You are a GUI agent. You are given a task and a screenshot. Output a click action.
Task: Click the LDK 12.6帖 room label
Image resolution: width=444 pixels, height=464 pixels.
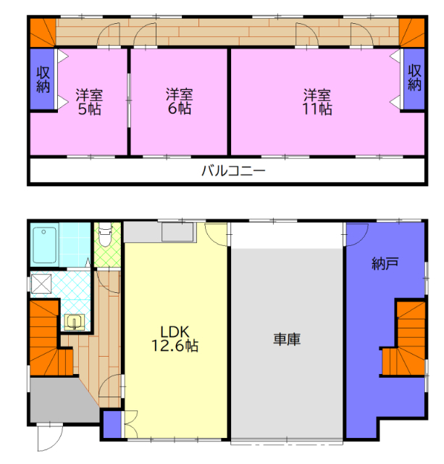point(175,339)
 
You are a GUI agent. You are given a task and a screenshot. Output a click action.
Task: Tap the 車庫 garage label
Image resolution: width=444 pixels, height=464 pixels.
point(287,339)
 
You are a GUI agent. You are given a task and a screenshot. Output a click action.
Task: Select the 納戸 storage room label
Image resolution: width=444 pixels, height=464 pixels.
point(385,263)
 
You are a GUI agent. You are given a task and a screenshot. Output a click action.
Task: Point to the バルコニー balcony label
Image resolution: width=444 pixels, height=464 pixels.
point(233,171)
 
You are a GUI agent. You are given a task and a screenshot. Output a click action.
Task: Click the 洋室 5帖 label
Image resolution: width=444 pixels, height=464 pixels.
point(89,101)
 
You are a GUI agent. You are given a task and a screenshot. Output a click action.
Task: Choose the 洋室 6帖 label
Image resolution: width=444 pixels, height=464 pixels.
point(179,101)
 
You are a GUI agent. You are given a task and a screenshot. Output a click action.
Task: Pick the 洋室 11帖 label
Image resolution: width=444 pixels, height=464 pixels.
point(317,101)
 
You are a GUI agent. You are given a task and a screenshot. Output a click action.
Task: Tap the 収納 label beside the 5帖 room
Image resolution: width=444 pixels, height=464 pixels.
point(43,79)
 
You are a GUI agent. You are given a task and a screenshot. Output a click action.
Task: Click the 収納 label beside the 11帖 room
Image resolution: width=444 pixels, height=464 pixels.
point(414,78)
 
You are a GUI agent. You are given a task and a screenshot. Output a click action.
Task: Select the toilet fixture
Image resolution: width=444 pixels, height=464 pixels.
point(104,234)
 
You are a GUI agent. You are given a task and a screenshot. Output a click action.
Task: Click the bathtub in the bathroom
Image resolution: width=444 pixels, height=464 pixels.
point(45,245)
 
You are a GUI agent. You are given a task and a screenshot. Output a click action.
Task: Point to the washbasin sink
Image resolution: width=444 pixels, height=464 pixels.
point(75,322)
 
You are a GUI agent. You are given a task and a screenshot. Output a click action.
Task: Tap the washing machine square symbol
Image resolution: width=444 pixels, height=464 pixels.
point(41,284)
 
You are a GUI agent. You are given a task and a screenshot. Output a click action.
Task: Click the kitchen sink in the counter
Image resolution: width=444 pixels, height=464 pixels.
point(177,232)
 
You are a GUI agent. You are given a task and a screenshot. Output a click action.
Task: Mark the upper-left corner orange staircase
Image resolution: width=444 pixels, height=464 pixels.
point(43,33)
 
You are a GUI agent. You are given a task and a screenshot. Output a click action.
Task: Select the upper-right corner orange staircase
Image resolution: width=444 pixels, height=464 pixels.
point(411,33)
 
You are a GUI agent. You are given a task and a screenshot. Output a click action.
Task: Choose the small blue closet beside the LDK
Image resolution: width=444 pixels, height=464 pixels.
point(112,424)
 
